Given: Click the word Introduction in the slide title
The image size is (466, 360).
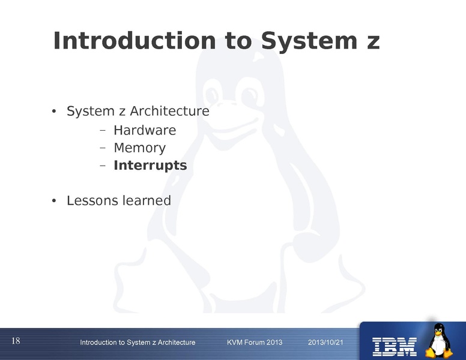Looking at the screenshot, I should [x=134, y=41].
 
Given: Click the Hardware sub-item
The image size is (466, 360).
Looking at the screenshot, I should [x=145, y=130].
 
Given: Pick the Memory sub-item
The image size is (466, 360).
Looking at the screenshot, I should [x=139, y=148].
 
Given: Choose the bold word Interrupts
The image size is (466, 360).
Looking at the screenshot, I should [x=150, y=165].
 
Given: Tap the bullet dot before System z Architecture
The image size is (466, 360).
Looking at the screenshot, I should [x=53, y=112].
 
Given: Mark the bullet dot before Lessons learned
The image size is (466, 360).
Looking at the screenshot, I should [x=53, y=201].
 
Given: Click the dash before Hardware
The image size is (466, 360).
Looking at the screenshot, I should [x=102, y=131].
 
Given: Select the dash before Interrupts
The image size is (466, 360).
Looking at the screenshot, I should [x=102, y=166].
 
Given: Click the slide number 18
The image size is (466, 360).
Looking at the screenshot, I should [x=16, y=341].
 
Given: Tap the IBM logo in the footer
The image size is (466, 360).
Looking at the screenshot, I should [x=395, y=345].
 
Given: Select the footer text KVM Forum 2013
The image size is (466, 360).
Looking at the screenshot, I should [x=255, y=342].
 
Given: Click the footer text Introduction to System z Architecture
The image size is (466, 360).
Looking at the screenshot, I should [x=138, y=342].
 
